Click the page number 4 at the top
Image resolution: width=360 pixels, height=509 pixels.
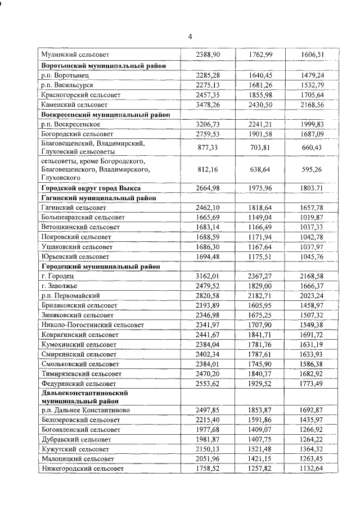point(190,37)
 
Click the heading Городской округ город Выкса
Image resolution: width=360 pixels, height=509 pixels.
point(91,188)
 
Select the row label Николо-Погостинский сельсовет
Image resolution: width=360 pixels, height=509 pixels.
point(93,325)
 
